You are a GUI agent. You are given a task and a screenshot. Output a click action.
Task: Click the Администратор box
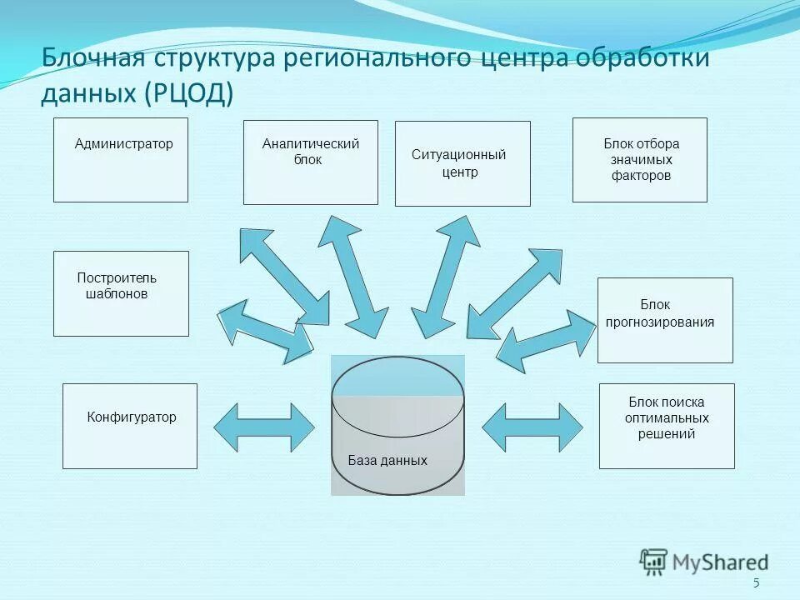(121, 160)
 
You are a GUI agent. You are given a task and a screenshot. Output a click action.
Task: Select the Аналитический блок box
(310, 162)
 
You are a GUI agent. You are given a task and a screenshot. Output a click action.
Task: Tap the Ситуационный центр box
(462, 164)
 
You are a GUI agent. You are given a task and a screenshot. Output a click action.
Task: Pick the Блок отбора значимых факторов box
(639, 160)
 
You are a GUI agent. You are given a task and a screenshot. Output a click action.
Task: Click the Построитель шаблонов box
(121, 293)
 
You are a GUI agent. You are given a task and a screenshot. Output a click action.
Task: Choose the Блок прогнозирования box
(665, 320)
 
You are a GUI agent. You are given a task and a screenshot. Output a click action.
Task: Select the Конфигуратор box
(130, 426)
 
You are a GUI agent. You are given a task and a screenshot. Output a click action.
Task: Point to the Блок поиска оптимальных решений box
(667, 426)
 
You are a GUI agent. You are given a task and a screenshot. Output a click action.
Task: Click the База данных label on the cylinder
(387, 461)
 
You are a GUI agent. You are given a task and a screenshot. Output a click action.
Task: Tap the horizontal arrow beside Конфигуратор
(264, 427)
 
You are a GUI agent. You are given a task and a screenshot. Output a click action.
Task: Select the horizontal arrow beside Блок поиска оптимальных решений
(532, 427)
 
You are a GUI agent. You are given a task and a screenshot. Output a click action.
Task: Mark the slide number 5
(756, 583)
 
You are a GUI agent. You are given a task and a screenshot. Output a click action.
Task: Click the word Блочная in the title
(92, 60)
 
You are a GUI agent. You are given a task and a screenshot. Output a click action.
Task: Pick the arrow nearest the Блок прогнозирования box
(546, 341)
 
